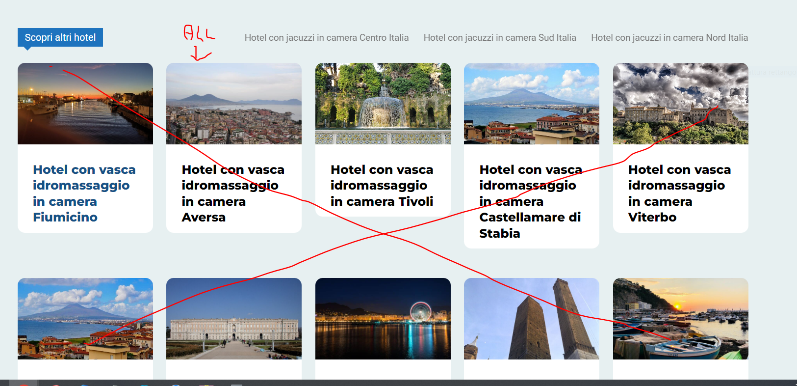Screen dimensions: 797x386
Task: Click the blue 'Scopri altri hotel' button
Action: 60,37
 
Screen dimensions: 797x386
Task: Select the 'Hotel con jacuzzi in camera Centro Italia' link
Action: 327,37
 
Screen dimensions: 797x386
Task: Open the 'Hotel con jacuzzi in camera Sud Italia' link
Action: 500,37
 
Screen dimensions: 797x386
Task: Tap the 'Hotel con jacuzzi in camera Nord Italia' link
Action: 669,37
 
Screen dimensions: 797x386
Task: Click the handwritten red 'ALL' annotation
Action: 199,33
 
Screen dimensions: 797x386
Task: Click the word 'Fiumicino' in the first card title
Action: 65,217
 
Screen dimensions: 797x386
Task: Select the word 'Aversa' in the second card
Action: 204,217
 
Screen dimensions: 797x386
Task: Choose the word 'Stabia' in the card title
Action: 500,233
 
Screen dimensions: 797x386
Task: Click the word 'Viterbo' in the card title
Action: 652,217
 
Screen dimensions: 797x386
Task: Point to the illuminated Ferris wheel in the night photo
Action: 420,311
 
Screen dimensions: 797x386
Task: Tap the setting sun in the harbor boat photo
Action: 677,306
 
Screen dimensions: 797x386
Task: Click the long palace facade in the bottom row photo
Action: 234,329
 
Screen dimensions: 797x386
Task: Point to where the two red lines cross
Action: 383,234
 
